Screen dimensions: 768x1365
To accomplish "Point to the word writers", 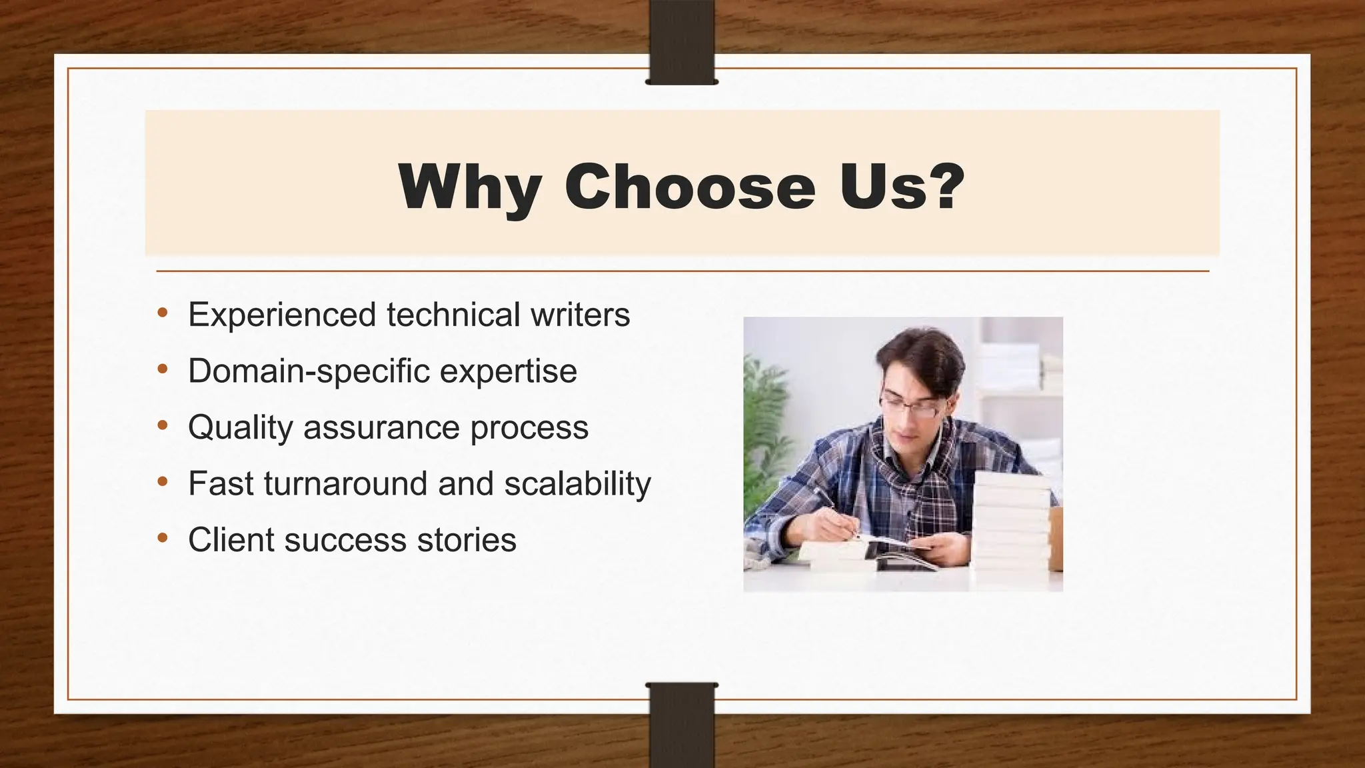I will click(x=580, y=315).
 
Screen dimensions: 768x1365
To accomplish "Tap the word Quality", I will click(x=240, y=428).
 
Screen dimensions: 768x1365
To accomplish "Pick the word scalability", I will click(x=577, y=484).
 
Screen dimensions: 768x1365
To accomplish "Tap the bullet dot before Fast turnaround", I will click(x=163, y=482).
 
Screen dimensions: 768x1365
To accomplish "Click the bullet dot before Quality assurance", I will click(x=163, y=425).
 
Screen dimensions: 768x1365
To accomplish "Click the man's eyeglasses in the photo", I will click(x=910, y=406).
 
